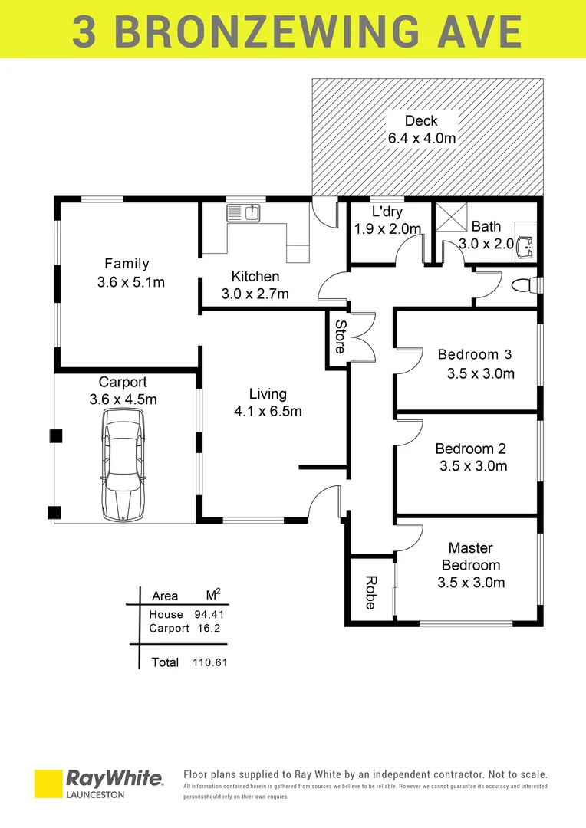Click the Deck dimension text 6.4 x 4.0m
(x=421, y=139)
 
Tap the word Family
(x=127, y=264)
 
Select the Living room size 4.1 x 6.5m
(x=268, y=412)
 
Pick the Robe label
(x=370, y=592)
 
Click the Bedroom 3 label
(x=474, y=354)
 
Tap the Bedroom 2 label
(x=470, y=449)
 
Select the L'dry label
(x=387, y=212)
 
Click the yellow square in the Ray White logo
(x=48, y=784)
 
